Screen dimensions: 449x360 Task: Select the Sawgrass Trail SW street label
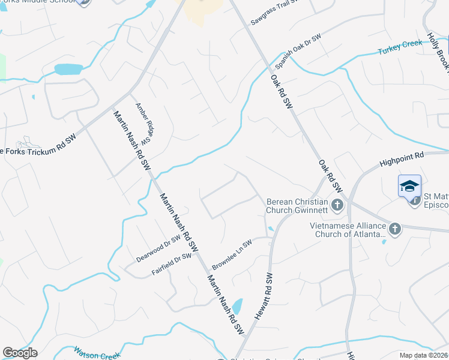274,13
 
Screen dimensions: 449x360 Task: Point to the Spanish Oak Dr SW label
298,51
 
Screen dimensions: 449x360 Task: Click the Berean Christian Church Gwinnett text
297,206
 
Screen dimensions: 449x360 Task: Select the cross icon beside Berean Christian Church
337,206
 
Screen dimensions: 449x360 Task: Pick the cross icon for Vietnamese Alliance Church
395,229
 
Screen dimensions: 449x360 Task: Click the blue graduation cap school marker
409,185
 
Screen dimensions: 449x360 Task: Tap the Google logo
20,353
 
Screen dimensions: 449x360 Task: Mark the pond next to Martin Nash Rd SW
237,307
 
